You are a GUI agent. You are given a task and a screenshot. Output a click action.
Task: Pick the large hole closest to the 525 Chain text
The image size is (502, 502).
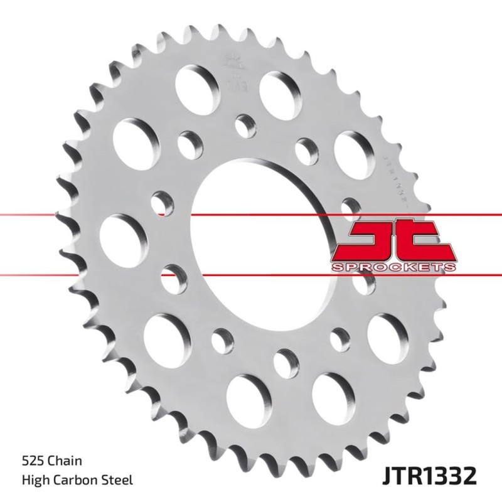click(168, 333)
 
